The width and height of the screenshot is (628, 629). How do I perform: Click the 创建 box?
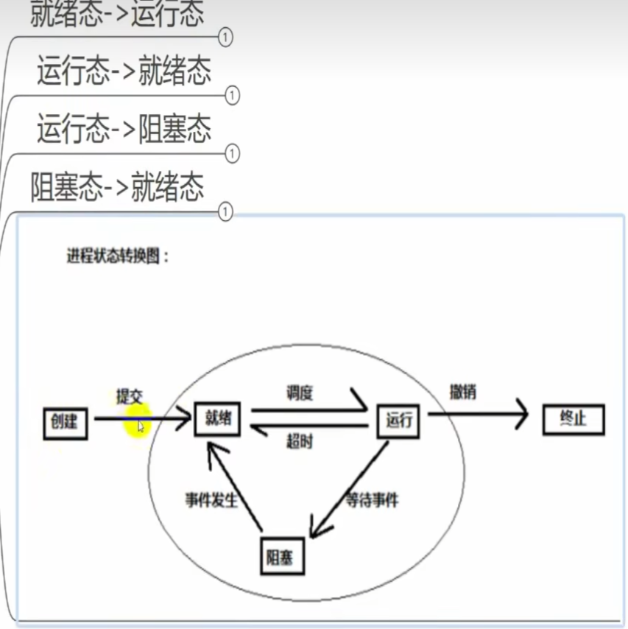(65, 422)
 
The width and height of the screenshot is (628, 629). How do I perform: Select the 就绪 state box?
(217, 418)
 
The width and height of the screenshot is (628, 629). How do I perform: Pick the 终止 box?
(573, 420)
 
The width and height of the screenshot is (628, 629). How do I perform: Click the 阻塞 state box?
(282, 557)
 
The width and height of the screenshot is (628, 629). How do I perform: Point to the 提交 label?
(129, 396)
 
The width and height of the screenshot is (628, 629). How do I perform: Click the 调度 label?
(300, 393)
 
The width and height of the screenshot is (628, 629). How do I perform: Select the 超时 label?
(300, 442)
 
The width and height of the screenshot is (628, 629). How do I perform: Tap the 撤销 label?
(462, 392)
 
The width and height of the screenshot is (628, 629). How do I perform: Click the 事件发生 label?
(212, 500)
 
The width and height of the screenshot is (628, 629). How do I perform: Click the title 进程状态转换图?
(118, 257)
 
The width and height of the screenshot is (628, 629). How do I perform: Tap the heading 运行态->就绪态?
(124, 71)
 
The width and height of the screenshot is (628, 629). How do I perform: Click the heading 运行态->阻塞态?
(124, 129)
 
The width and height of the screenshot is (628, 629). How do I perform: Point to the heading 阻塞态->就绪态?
(117, 187)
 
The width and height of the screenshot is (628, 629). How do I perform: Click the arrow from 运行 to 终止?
(479, 414)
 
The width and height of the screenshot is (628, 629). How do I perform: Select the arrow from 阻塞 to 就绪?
(235, 486)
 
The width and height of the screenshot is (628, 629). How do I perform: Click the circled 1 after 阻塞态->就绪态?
(226, 212)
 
